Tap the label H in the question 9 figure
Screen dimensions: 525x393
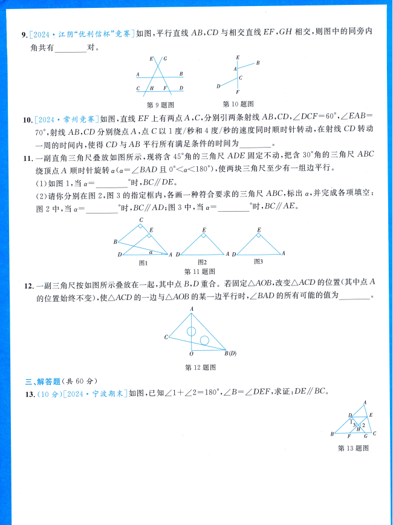(153, 88)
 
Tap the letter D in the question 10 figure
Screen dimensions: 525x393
(218, 86)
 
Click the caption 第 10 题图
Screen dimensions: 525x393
(238, 103)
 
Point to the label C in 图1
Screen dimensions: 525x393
(141, 220)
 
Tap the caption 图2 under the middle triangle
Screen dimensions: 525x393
(202, 262)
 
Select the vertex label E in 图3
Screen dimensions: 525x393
(259, 230)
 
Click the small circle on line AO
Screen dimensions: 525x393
(191, 331)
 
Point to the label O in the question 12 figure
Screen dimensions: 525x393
(191, 354)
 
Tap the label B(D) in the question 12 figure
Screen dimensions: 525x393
(230, 353)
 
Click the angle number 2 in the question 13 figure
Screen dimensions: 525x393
(363, 425)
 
